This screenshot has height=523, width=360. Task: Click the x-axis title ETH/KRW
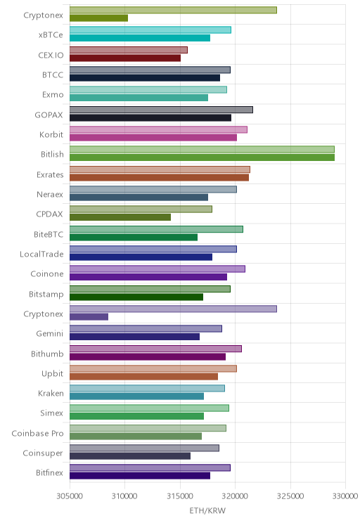[x=207, y=510]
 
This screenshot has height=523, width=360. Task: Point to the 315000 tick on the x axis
[x=180, y=496]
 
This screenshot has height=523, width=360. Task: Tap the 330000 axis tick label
[x=345, y=496]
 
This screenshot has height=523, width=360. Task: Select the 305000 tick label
[x=70, y=496]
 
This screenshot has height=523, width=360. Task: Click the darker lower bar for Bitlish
[x=202, y=157]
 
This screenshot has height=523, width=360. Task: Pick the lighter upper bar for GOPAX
[x=161, y=110]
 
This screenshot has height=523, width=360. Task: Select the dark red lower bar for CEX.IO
[x=125, y=58]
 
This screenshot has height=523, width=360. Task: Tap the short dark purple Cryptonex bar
[x=89, y=317]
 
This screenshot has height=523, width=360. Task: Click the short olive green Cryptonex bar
[x=98, y=18]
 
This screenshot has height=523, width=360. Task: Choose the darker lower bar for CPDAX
[x=120, y=217]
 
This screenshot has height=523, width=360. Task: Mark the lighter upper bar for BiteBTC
[x=157, y=229]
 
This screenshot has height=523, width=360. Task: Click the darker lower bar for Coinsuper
[x=130, y=456]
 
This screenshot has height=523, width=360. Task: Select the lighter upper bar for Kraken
[x=147, y=388]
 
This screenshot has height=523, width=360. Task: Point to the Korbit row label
[x=51, y=134]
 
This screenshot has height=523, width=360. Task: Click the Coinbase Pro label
[x=37, y=433]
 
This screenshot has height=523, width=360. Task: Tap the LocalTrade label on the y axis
[x=41, y=254]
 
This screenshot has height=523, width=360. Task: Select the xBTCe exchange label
[x=51, y=35]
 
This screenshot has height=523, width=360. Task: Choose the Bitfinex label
[x=49, y=472]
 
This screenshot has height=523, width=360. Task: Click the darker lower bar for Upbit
[x=144, y=376]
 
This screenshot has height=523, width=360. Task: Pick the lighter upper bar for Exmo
[x=148, y=90]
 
